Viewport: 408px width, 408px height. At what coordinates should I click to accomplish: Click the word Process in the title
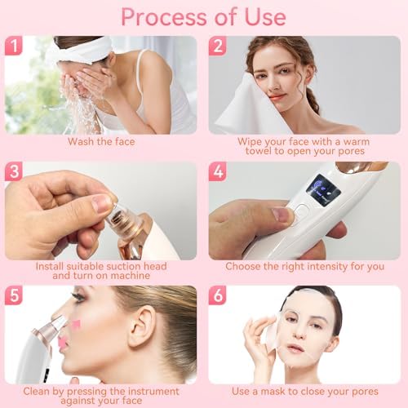coord(164,17)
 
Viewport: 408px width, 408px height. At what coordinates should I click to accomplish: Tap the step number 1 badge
coord(14,46)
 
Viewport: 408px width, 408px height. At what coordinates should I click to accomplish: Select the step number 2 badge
coord(218,46)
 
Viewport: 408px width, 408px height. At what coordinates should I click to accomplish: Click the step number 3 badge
coord(14,171)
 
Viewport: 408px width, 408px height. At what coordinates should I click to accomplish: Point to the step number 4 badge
coord(218,171)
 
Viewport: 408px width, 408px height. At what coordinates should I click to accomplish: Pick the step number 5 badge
coord(14,295)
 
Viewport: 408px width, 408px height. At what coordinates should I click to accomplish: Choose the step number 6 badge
coord(218,295)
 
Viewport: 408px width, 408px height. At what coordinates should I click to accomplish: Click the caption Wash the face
coord(101,141)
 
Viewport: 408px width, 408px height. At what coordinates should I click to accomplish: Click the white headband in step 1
coord(82,50)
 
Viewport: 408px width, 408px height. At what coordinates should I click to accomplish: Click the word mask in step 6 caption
coord(273,391)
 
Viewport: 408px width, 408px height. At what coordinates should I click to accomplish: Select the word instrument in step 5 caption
coord(153,391)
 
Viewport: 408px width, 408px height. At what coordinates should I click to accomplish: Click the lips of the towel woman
coord(277,96)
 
